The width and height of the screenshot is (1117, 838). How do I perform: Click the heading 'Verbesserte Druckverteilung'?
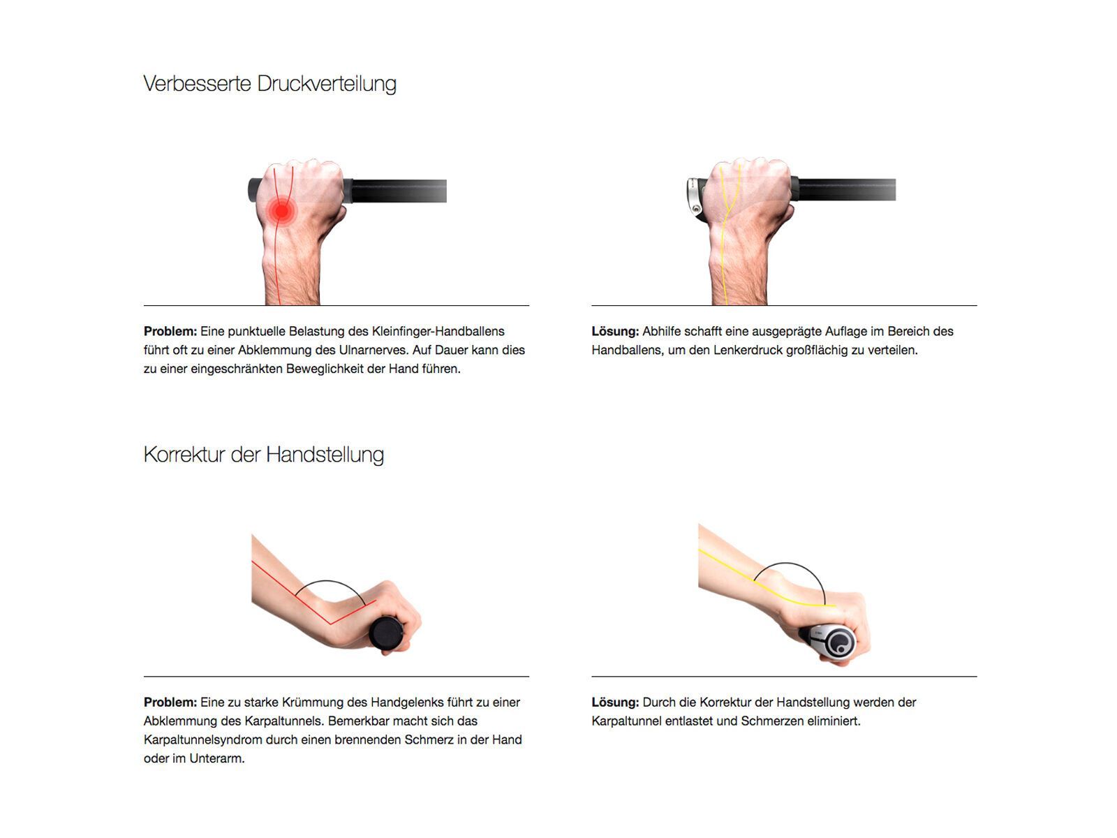coord(269,84)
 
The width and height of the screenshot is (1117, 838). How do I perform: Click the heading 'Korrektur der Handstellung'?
coord(264,455)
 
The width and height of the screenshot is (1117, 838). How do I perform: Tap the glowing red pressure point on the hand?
coord(281,210)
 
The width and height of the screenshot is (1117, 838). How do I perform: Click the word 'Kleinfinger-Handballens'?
coord(438,331)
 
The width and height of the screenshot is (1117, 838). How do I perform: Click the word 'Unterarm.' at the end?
coord(217,758)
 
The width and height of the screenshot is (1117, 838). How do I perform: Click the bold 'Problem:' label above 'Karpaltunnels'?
coord(170,702)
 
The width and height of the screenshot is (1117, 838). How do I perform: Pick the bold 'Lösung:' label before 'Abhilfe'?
coord(615,331)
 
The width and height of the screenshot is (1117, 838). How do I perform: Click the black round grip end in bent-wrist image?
coord(386,633)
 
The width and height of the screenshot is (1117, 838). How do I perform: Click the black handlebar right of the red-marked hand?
coord(398,191)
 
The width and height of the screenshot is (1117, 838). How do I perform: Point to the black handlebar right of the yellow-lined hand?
coord(845,190)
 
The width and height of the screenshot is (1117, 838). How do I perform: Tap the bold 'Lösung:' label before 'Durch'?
coord(615,702)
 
